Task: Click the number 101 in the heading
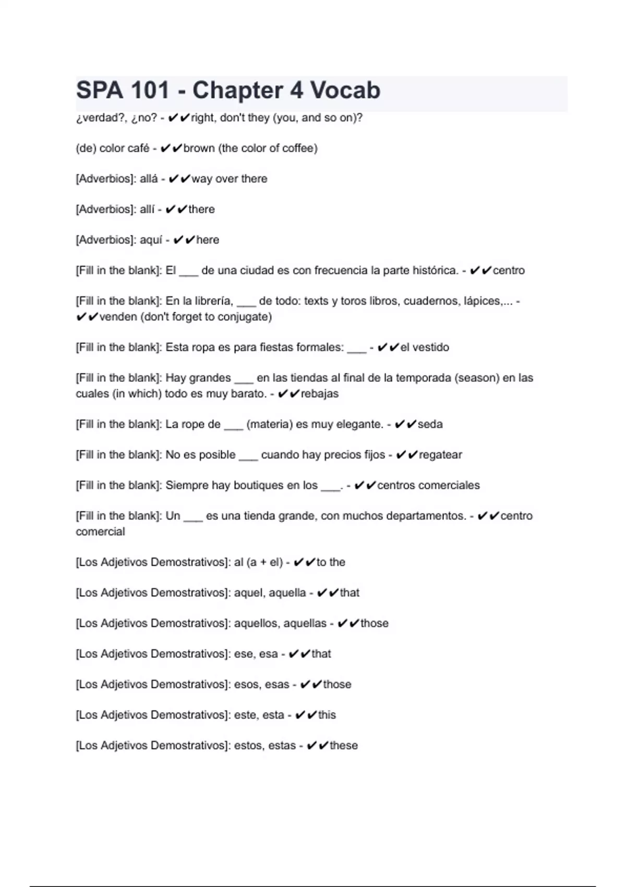pyautogui.click(x=150, y=90)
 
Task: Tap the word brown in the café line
pyautogui.click(x=199, y=148)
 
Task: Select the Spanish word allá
pyautogui.click(x=149, y=178)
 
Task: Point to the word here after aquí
pyautogui.click(x=208, y=239)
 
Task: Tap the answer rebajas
pyautogui.click(x=319, y=393)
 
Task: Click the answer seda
pyautogui.click(x=430, y=424)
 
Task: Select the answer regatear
pyautogui.click(x=440, y=454)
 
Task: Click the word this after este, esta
pyautogui.click(x=327, y=715)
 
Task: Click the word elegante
pyautogui.click(x=359, y=424)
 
